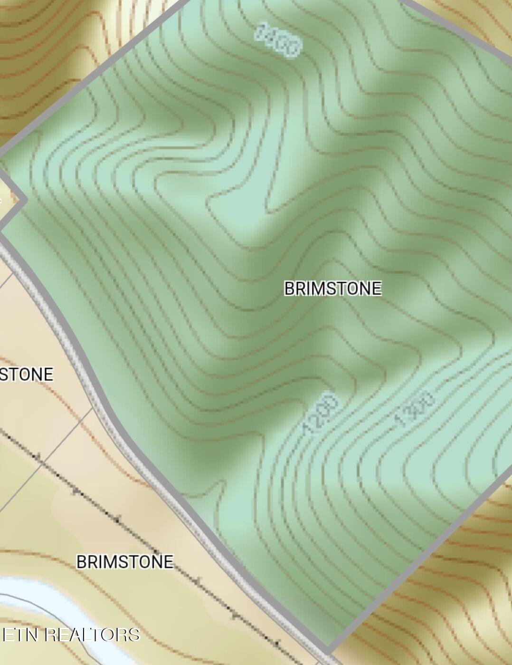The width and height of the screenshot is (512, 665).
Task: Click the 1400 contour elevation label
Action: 278,39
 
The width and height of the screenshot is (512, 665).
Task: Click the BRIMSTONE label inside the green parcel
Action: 332,289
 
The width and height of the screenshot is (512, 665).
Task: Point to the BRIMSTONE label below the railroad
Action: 125,562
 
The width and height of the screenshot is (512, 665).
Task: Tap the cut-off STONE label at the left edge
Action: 26,375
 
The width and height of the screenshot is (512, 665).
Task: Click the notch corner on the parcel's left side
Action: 24,201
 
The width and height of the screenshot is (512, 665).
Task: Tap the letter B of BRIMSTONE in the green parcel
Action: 289,289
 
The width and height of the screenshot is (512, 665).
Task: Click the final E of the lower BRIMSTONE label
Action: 168,562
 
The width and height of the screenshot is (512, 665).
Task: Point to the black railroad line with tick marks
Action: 119,520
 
